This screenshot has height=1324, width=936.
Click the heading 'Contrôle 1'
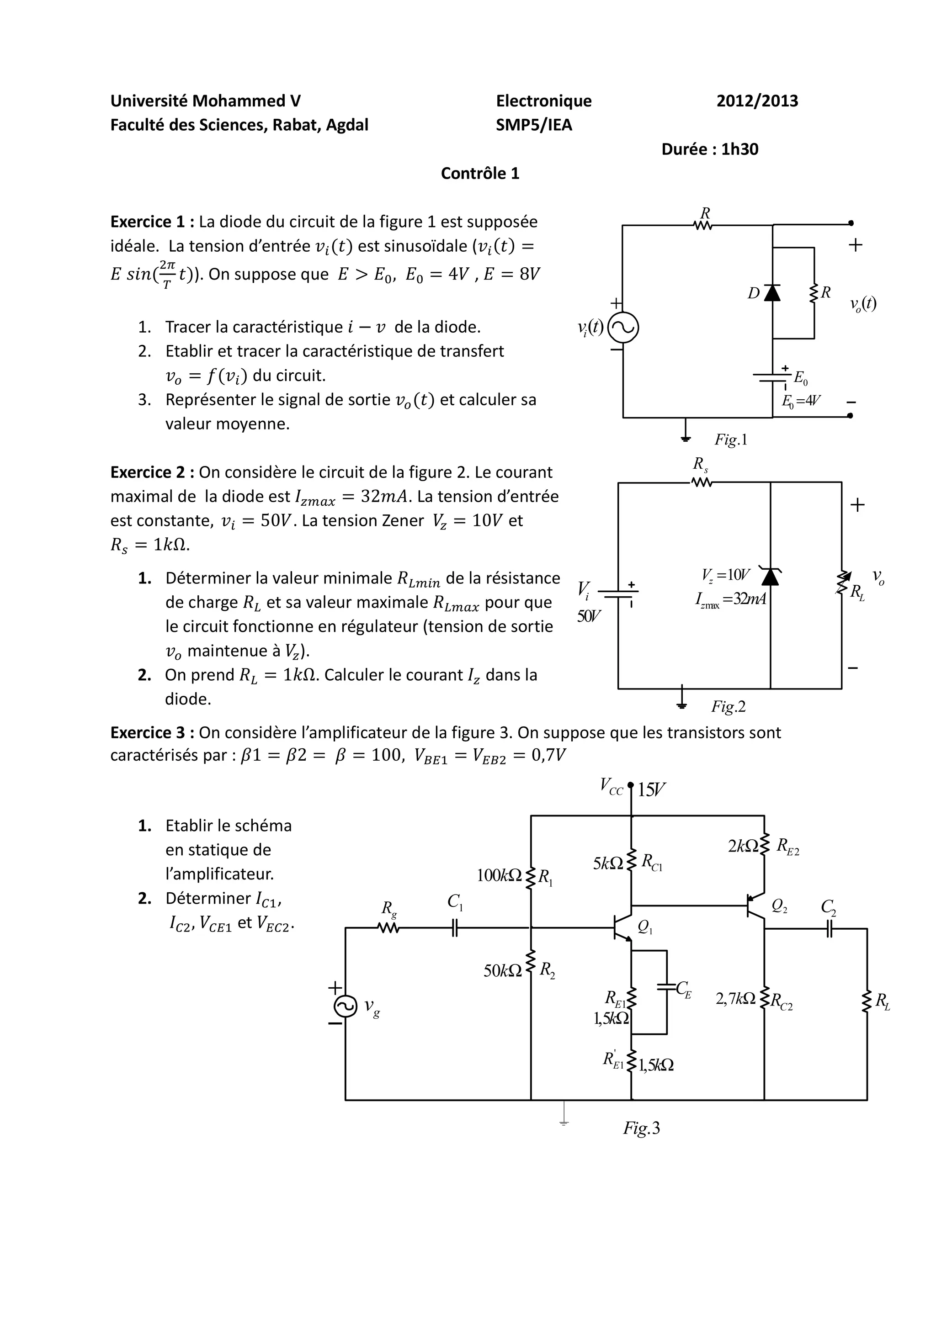(480, 174)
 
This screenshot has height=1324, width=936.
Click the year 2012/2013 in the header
(757, 101)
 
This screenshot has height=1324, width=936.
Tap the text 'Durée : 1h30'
(709, 149)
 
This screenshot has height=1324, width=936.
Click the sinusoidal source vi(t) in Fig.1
(623, 328)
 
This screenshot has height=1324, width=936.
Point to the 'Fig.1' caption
(731, 440)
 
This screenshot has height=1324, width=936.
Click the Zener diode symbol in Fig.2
(771, 576)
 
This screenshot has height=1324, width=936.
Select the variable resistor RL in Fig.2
(843, 583)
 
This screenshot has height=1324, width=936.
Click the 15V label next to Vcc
(652, 789)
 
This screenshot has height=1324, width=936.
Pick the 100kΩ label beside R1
(500, 875)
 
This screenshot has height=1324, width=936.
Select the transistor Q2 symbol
(755, 907)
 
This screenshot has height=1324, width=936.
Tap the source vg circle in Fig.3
(346, 1006)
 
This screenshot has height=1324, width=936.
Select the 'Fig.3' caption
(641, 1128)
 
